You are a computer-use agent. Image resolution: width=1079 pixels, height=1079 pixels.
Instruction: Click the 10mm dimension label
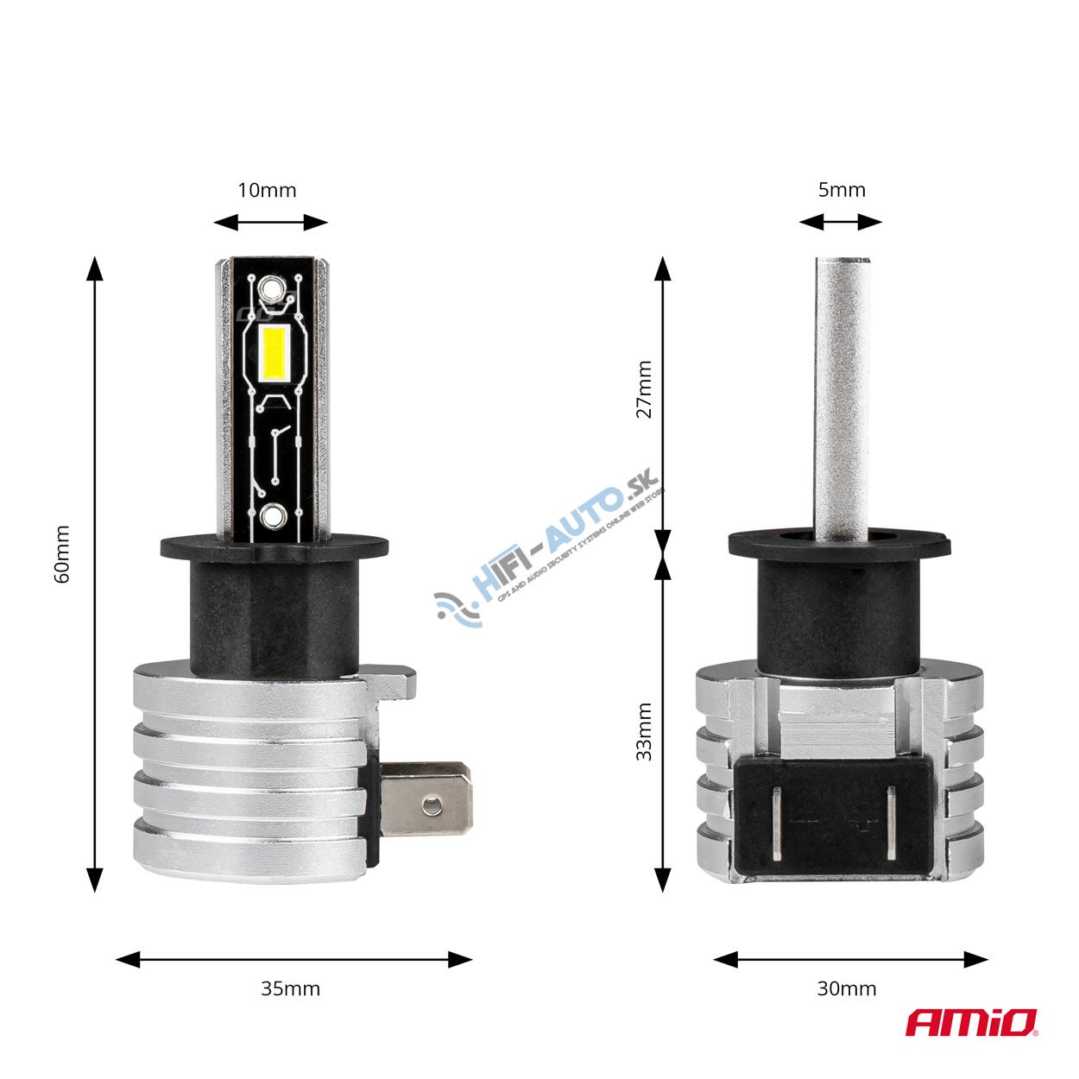[267, 190]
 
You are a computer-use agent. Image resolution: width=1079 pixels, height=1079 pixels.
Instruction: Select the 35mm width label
[290, 988]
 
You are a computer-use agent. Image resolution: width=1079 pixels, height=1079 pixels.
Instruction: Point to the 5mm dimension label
[841, 189]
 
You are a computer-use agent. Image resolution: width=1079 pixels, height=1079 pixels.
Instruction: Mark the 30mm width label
[846, 988]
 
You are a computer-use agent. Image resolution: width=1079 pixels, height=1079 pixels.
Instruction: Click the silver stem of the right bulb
[841, 388]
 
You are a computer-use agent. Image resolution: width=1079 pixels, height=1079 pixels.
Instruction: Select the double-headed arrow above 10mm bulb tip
[270, 223]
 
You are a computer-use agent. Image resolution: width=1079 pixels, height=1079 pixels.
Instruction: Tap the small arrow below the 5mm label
[841, 223]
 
